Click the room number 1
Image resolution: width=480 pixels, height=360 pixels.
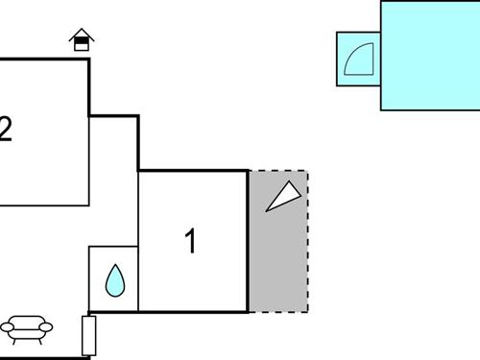pyautogui.click(x=191, y=241)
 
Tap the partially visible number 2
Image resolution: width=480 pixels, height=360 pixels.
pyautogui.click(x=6, y=129)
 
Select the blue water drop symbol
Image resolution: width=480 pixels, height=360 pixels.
pyautogui.click(x=115, y=280)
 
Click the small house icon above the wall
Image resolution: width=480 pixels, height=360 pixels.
pyautogui.click(x=83, y=39)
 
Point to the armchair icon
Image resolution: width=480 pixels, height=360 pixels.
pyautogui.click(x=27, y=329)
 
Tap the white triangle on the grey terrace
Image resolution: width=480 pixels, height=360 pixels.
pyautogui.click(x=283, y=196)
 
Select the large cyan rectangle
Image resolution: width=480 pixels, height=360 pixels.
pyautogui.click(x=430, y=55)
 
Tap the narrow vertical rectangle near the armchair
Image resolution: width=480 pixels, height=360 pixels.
pyautogui.click(x=89, y=335)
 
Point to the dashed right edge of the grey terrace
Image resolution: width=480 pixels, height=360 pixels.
pyautogui.click(x=307, y=241)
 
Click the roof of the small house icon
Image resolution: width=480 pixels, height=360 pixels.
pyautogui.click(x=83, y=34)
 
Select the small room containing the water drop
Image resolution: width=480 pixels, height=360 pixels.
pyautogui.click(x=114, y=278)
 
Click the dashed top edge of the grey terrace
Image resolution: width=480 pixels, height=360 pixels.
pyautogui.click(x=278, y=171)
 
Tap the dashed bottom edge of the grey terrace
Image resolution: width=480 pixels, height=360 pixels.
pyautogui.click(x=278, y=312)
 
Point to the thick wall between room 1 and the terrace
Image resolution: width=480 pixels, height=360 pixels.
pyautogui.click(x=249, y=241)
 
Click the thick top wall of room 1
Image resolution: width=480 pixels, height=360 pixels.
pyautogui.click(x=193, y=171)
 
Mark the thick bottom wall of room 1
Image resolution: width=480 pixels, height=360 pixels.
pyautogui.click(x=193, y=312)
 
